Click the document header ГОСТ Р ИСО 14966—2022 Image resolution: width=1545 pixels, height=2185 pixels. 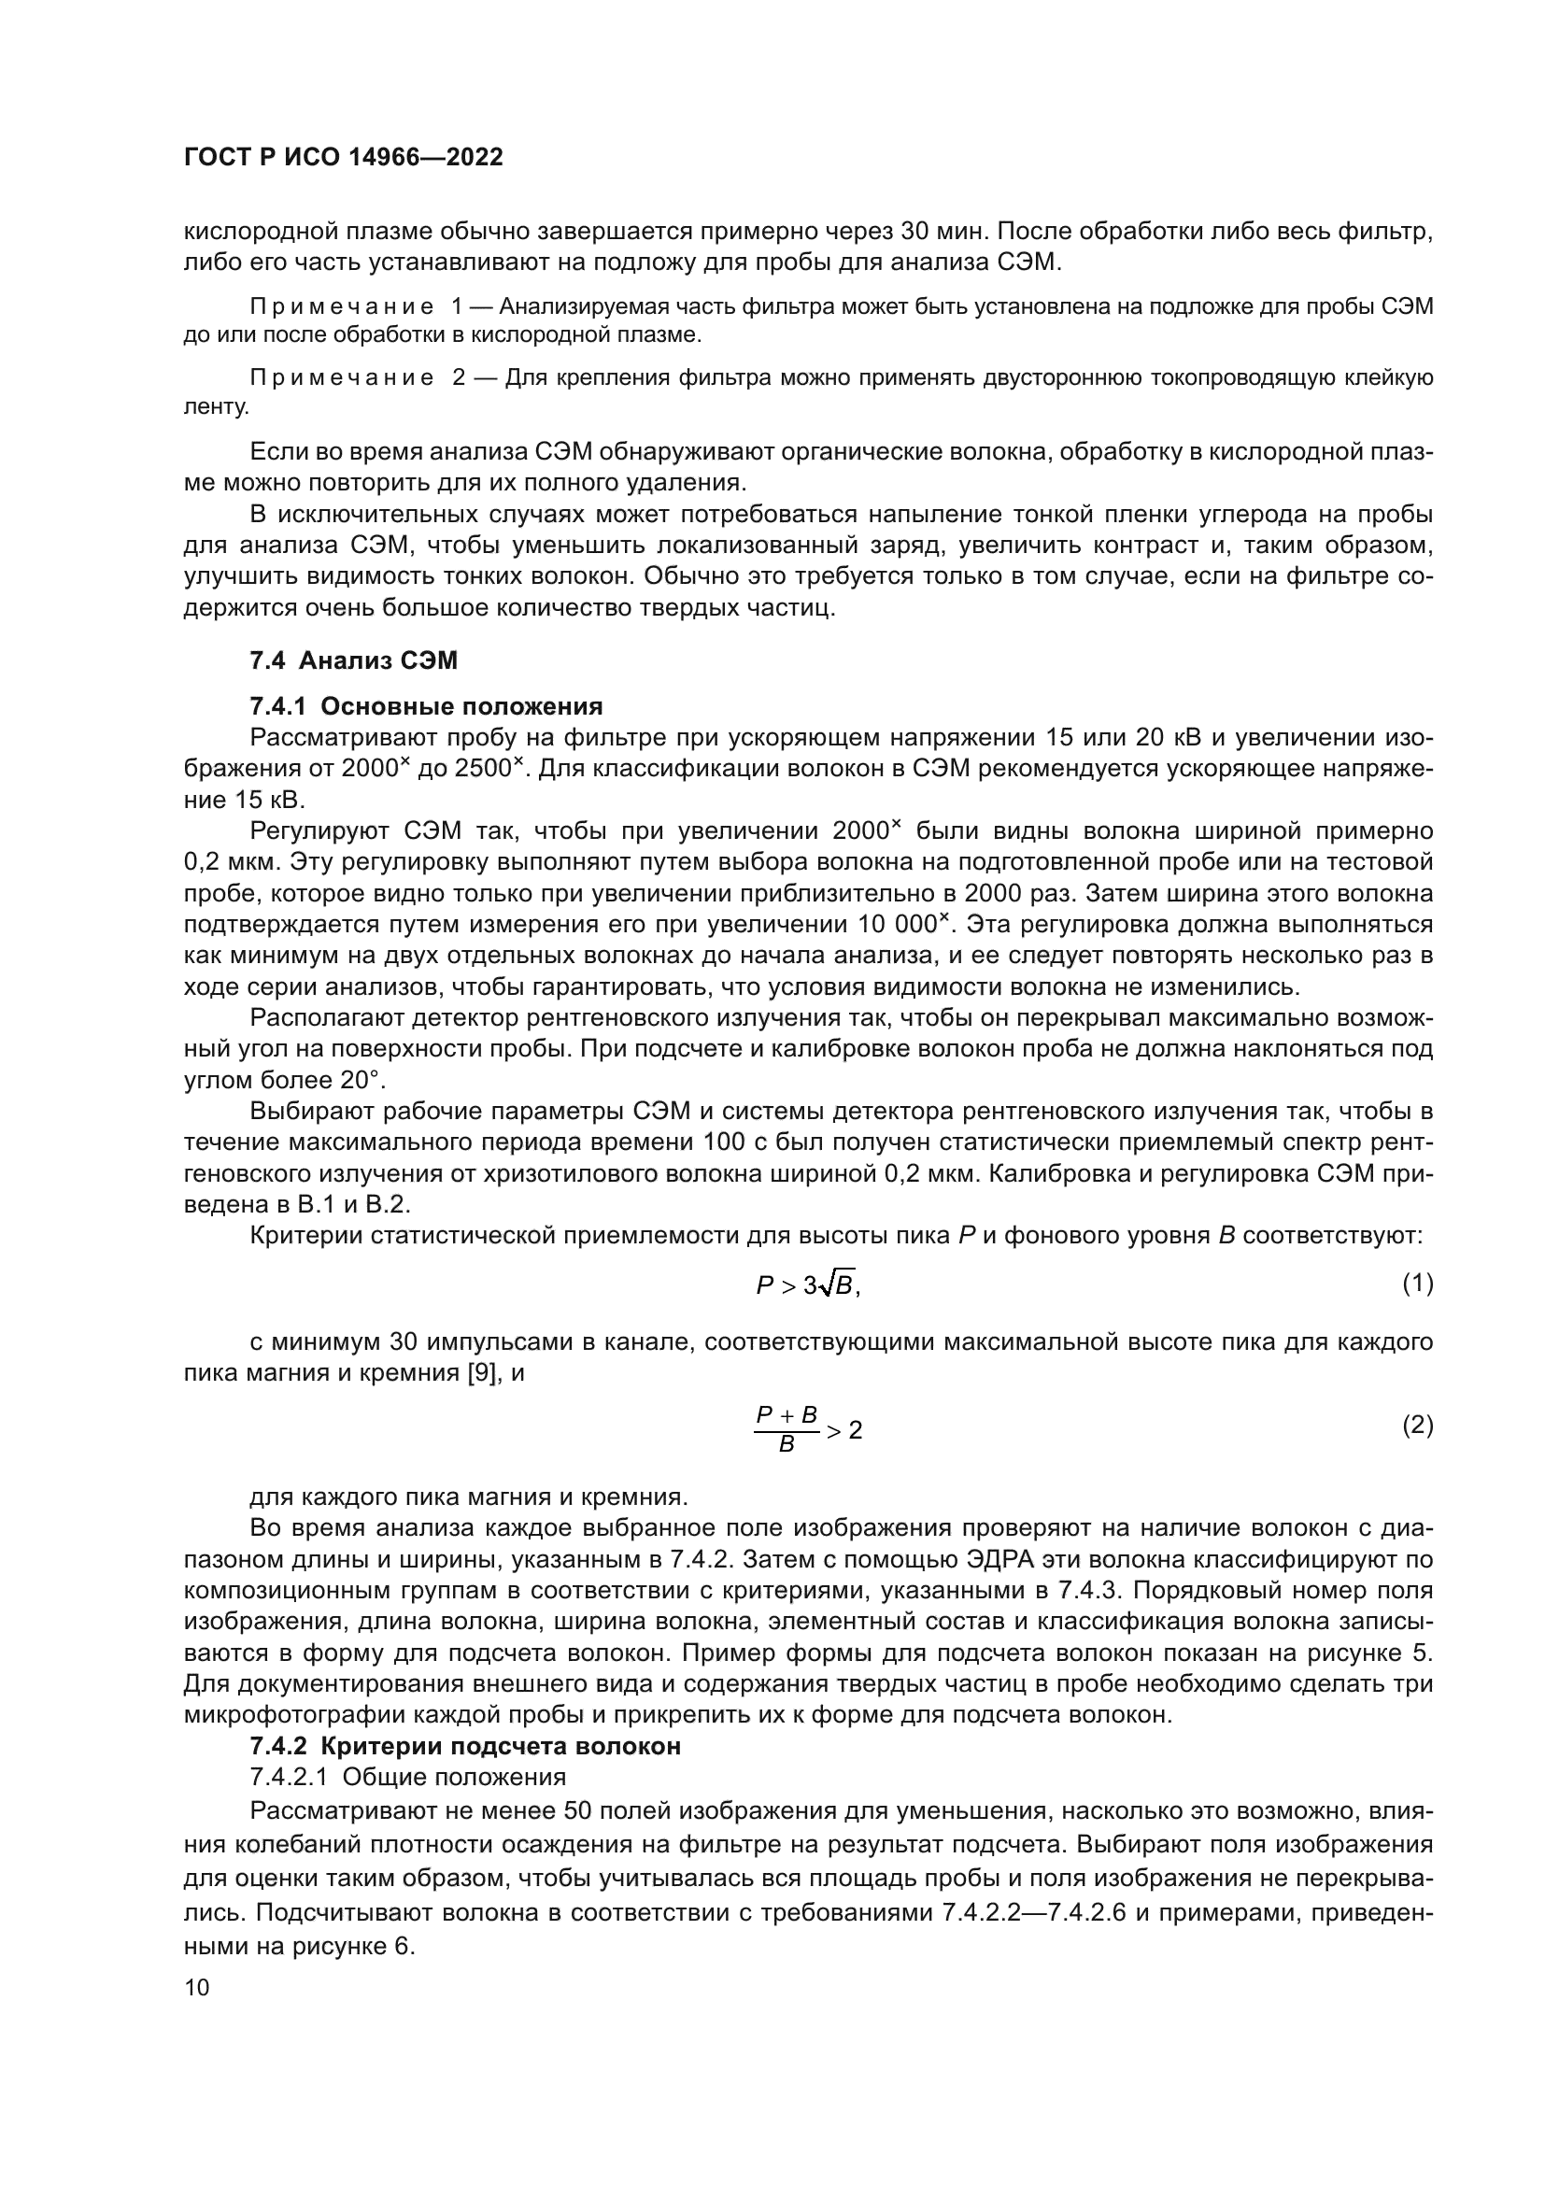pos(343,157)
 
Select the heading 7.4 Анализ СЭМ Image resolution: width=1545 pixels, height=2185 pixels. pos(353,660)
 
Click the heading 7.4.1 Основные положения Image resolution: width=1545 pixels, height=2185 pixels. pos(425,706)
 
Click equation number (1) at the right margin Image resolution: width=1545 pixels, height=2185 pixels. pos(1417,1284)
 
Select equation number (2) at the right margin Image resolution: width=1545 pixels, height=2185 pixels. pos(1417,1426)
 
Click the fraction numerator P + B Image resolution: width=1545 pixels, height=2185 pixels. pos(787,1415)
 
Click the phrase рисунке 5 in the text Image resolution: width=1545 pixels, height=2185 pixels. pos(1381,1653)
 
